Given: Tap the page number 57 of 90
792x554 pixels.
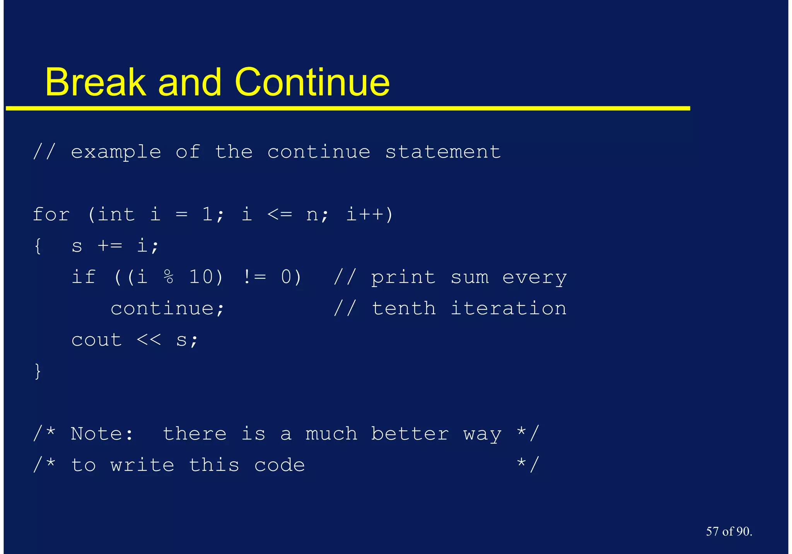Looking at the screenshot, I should pos(729,531).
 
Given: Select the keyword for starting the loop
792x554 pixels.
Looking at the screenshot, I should pos(51,215).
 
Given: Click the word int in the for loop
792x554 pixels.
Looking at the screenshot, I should pos(116,215).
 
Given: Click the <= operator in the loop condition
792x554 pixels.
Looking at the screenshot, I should pos(279,215).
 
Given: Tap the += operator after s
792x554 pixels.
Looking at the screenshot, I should pos(109,246).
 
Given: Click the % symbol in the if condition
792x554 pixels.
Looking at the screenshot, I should pos(169,277).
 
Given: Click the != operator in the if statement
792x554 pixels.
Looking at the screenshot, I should pos(254,277).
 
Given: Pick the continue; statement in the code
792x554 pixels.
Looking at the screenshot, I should pos(167,309).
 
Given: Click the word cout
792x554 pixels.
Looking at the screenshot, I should pos(97,340).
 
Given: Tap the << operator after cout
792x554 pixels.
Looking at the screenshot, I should pos(148,340).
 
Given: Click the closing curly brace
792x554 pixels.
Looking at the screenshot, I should pos(38,371).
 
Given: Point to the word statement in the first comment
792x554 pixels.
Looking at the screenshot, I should pos(443,152).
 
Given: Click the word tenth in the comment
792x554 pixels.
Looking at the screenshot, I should pos(403,309).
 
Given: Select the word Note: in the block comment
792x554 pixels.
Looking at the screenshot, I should pos(102,434).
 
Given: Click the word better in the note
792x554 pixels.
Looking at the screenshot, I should pos(410,434).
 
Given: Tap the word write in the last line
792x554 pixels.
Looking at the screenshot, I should pos(142,465).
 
